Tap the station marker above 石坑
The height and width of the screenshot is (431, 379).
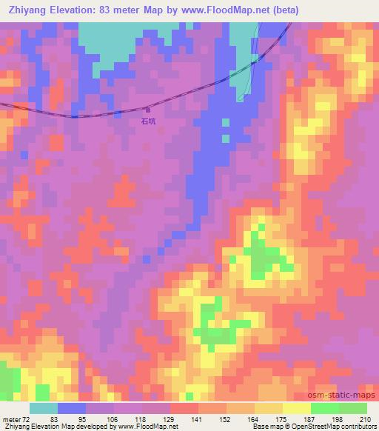point(147,109)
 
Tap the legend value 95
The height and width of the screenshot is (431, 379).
point(82,419)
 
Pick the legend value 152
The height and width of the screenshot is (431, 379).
point(224,419)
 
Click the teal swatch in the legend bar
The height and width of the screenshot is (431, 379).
point(44,408)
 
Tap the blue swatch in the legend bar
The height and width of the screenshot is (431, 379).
point(72,408)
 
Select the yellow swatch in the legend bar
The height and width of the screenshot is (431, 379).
point(296,408)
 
